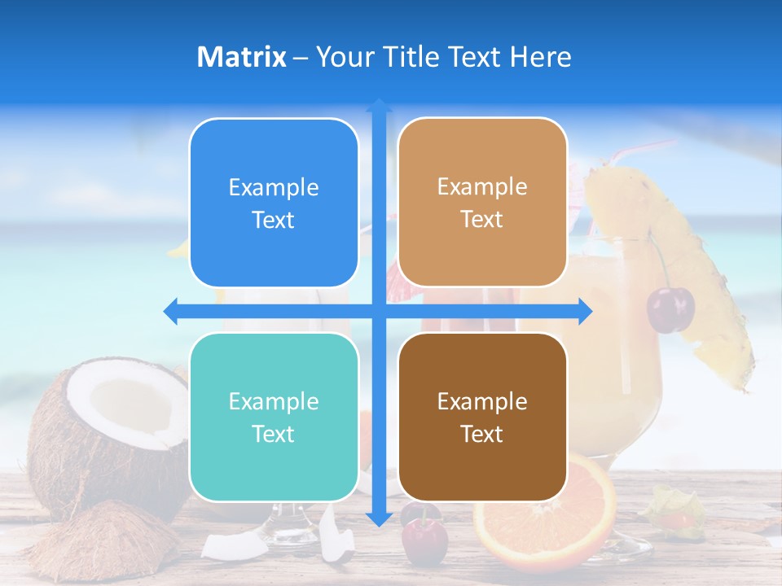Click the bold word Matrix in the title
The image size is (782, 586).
click(241, 57)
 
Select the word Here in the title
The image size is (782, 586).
click(540, 57)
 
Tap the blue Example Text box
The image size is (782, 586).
click(274, 203)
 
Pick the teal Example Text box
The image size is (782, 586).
click(274, 417)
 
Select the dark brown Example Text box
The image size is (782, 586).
click(482, 417)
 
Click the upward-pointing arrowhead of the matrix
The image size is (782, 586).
click(379, 106)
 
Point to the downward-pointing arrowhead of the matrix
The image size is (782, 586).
click(379, 518)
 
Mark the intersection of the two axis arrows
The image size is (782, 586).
click(379, 311)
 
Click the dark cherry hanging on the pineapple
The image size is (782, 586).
click(670, 309)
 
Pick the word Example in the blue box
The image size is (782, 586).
click(274, 187)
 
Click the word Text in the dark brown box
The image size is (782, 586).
click(482, 434)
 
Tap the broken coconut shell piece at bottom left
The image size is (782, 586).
click(106, 541)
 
